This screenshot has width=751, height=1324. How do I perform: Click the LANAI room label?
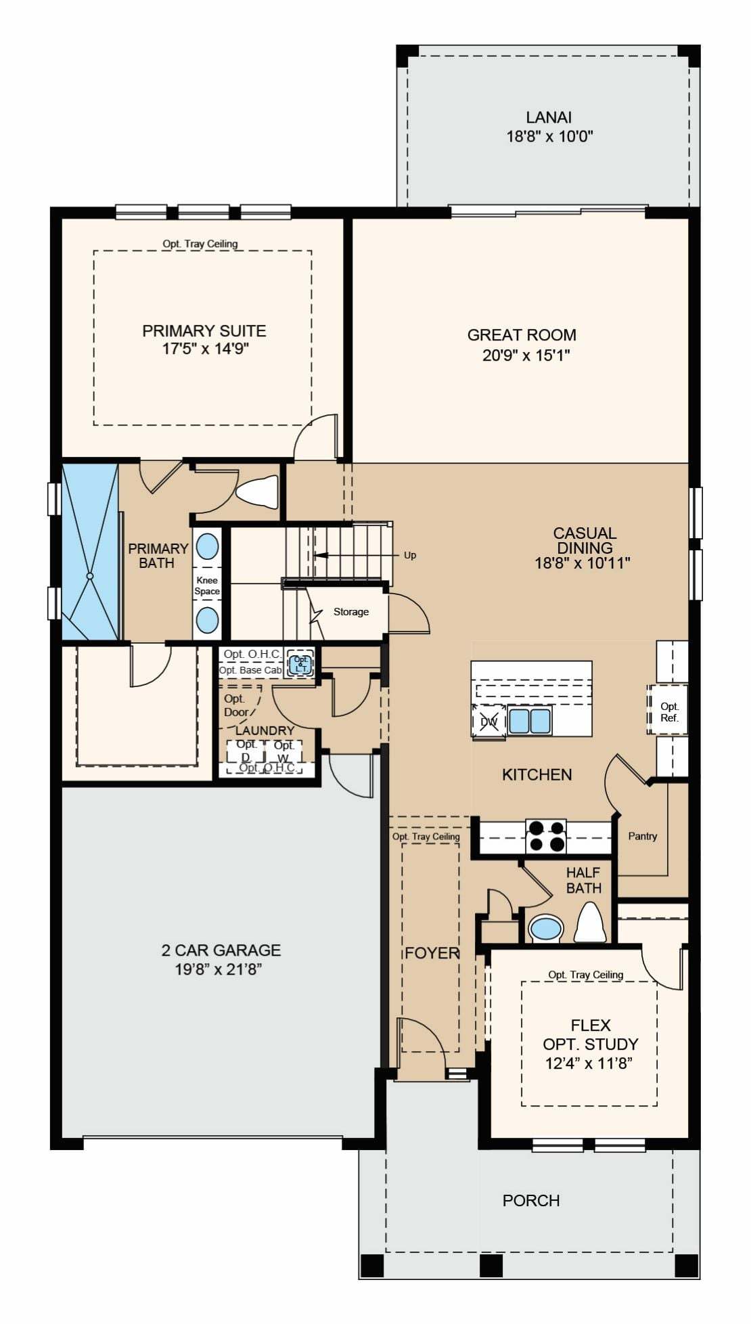tap(549, 117)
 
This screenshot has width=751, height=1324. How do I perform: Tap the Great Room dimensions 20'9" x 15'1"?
tap(526, 355)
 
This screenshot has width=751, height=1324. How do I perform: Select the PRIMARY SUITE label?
tap(204, 331)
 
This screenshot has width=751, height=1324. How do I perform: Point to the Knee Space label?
tap(207, 586)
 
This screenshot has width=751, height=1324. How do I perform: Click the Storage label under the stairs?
tap(351, 612)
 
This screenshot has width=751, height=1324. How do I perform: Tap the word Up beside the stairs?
tap(410, 555)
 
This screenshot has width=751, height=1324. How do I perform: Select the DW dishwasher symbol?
tap(488, 721)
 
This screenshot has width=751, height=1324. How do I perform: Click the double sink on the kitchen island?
tap(530, 721)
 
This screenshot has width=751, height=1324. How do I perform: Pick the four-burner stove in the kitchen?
tap(546, 836)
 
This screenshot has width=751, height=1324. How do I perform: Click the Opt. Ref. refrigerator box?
tap(668, 711)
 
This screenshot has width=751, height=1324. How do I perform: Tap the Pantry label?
tap(643, 836)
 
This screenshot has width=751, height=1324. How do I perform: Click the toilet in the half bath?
tap(590, 923)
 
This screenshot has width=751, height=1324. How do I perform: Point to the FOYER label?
tap(432, 953)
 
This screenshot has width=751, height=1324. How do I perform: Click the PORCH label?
tap(531, 1201)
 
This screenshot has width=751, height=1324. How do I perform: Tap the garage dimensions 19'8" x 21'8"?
tap(219, 970)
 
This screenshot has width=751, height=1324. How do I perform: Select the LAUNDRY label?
tap(265, 730)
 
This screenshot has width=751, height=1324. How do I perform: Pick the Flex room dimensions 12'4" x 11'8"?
tap(589, 1063)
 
